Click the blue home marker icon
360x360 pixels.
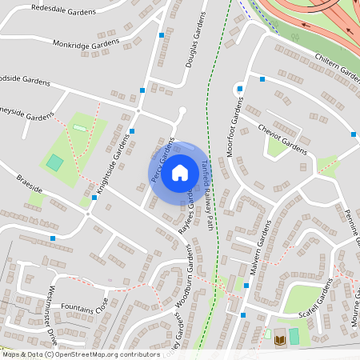coord(179,173)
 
